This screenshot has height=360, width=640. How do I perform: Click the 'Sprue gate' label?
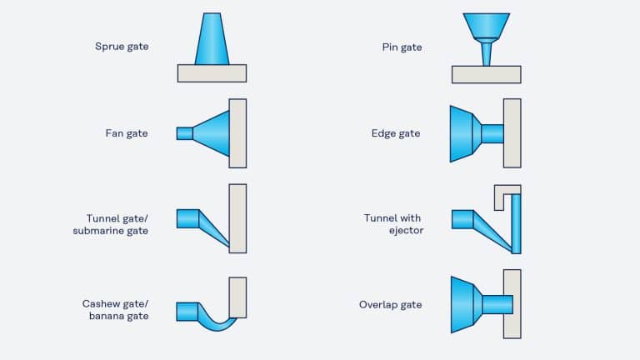coord(122,47)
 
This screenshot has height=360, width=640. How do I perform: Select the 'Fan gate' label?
coord(127,133)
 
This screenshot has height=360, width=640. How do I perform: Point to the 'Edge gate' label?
coord(396,133)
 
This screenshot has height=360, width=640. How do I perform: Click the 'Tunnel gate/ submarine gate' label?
coord(110,224)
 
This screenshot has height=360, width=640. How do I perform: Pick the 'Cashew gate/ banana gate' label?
coord(115,309)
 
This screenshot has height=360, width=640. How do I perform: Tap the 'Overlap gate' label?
coord(390,305)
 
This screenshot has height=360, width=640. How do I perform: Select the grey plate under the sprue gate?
coord(212,73)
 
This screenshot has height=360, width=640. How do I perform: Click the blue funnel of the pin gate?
coord(487,27)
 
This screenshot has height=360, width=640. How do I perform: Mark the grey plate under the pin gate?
coord(486,74)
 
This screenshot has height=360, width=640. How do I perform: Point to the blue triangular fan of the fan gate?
coord(212,133)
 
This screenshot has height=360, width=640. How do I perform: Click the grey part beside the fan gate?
coord(237,133)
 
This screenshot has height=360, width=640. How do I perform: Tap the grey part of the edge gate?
coord(512,133)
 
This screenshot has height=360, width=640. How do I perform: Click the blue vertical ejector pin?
coord(516,223)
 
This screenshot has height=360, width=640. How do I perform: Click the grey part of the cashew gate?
coord(237,297)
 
